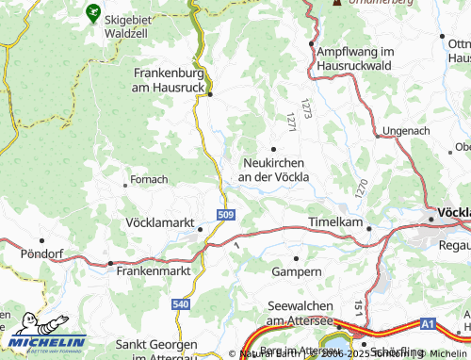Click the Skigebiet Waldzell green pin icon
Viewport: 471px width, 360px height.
(92, 12)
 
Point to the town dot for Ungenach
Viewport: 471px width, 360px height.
(377, 136)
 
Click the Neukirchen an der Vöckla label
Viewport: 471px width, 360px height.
(273, 169)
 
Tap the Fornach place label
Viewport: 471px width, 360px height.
(149, 179)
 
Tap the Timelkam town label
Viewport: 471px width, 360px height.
(334, 222)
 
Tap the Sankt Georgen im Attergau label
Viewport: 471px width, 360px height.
(157, 351)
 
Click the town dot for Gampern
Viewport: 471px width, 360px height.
(297, 257)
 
